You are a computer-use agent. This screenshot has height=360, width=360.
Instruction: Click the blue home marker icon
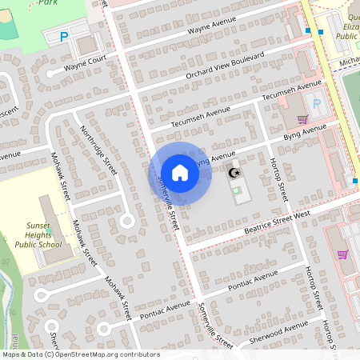pyautogui.click(x=180, y=173)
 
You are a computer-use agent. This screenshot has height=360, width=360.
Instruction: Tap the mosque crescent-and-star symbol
pyautogui.click(x=234, y=173)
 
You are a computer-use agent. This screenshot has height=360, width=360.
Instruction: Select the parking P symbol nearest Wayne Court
pyautogui.click(x=65, y=35)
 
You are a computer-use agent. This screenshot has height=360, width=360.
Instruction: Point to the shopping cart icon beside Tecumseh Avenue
pyautogui.click(x=302, y=119)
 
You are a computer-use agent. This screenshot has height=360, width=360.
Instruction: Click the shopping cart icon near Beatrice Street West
pyautogui.click(x=342, y=254)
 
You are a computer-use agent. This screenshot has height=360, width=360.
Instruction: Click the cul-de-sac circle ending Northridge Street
pyautogui.click(x=126, y=221)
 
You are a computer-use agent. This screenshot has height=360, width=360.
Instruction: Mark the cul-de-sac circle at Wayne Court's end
pyautogui.click(x=50, y=74)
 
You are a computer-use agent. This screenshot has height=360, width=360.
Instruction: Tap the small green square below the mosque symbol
pyautogui.click(x=235, y=190)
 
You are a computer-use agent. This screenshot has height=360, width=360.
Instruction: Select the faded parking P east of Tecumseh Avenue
pyautogui.click(x=316, y=103)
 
